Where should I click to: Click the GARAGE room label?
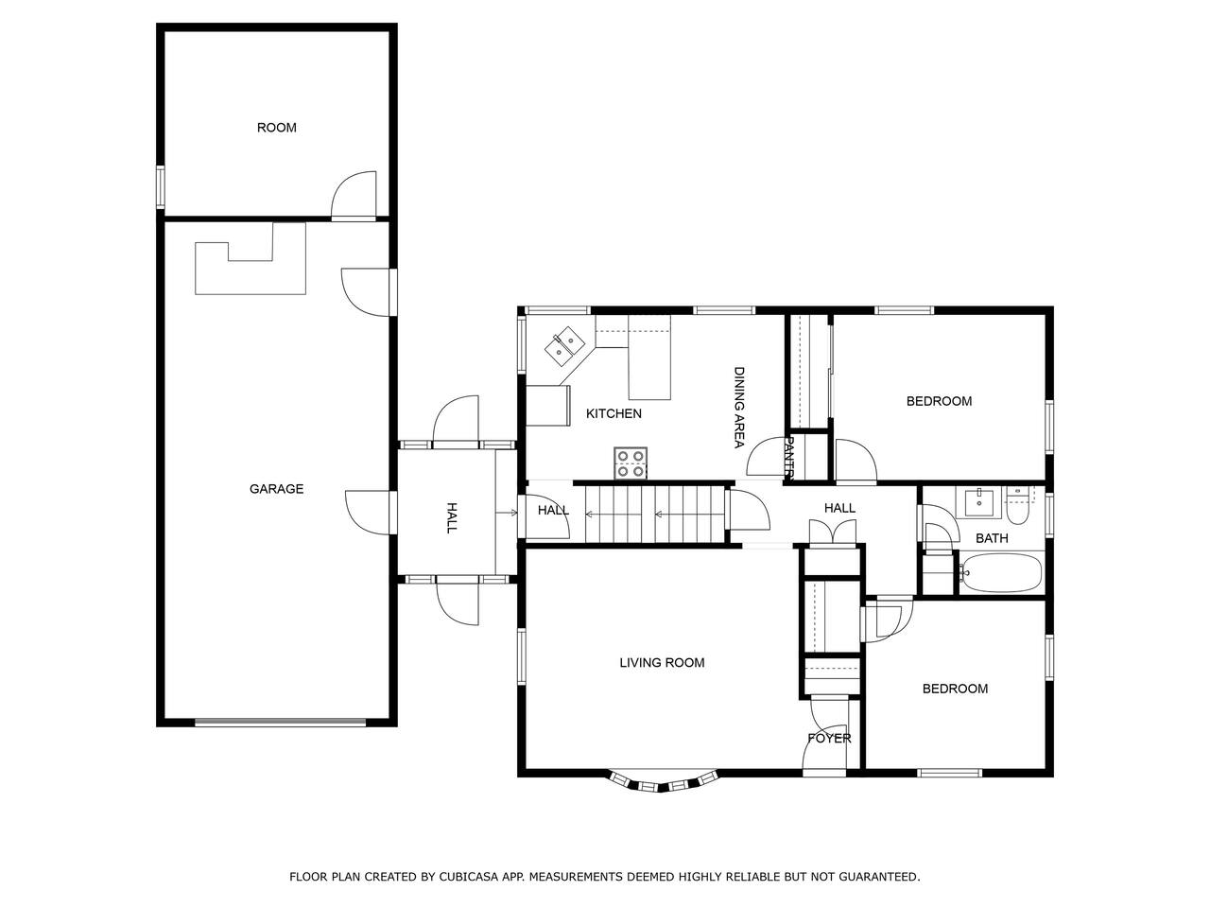[x=276, y=488]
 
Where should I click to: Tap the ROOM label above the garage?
[x=277, y=128]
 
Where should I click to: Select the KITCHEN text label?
[x=614, y=413]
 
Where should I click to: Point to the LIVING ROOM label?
[x=662, y=663]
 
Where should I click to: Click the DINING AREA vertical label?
[x=739, y=408]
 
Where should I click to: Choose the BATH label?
[x=992, y=538]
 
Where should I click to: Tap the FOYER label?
[x=829, y=738]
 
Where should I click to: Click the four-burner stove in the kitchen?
[x=631, y=463]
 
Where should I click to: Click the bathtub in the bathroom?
[x=1000, y=573]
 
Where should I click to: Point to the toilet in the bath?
[x=1017, y=505]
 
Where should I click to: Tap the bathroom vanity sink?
[x=978, y=502]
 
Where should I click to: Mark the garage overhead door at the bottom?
[x=281, y=723]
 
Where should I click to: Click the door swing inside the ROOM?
[x=354, y=196]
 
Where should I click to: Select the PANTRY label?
[x=788, y=457]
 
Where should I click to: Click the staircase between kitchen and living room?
[x=655, y=515]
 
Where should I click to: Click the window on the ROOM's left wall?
[x=161, y=187]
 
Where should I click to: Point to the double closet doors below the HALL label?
[x=833, y=533]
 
